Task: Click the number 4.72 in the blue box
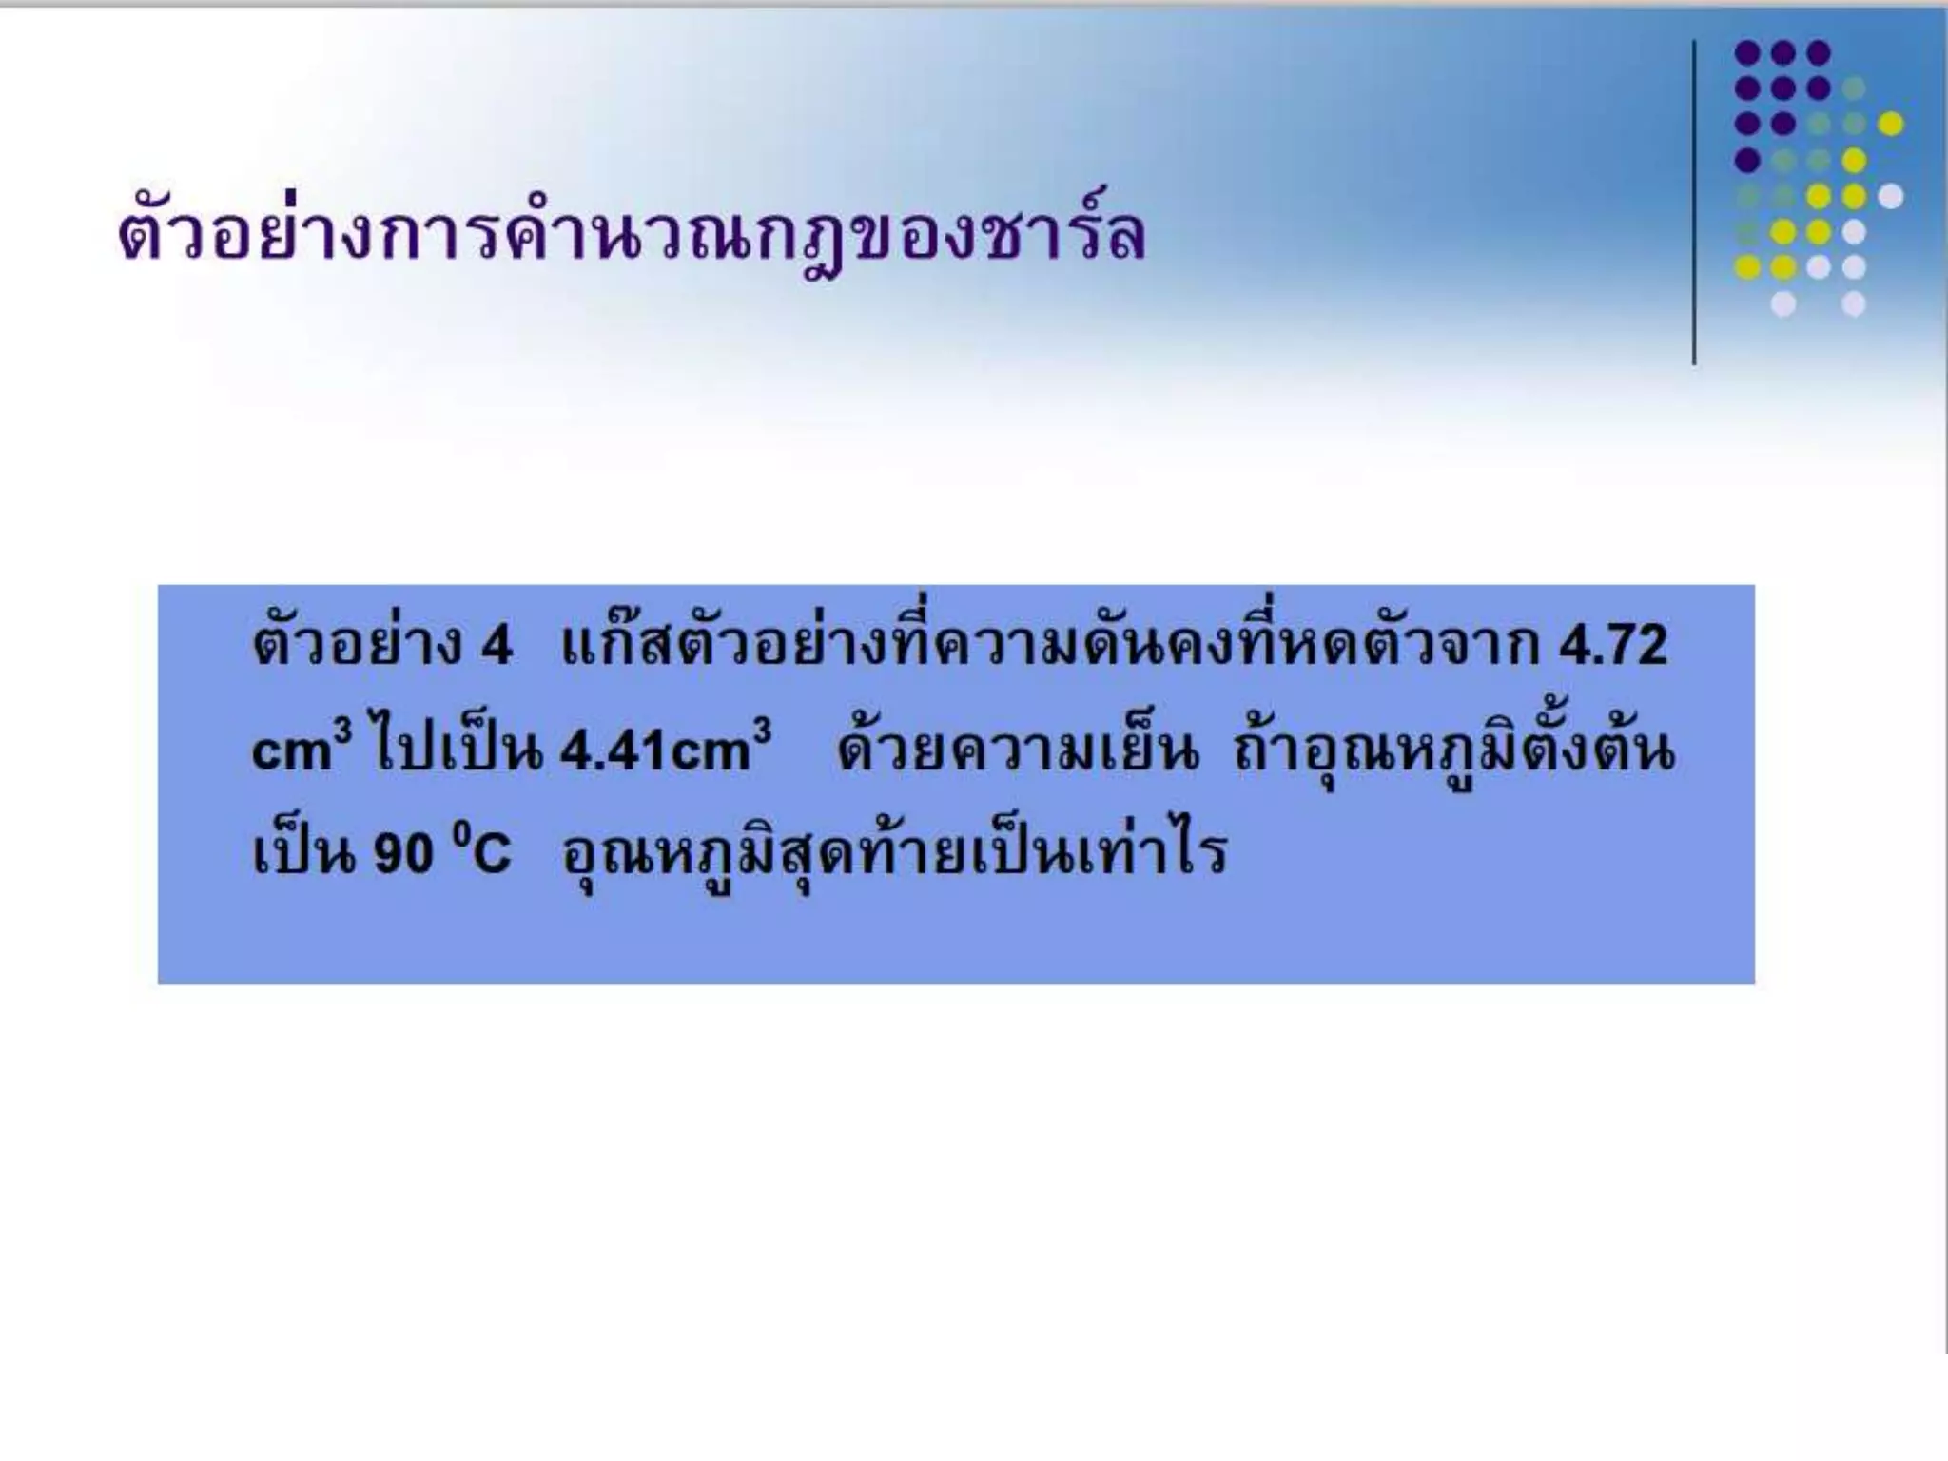pos(1613,646)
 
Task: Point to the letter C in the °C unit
pos(491,853)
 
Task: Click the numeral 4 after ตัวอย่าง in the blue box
pos(497,646)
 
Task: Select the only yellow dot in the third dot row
pos(1890,124)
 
